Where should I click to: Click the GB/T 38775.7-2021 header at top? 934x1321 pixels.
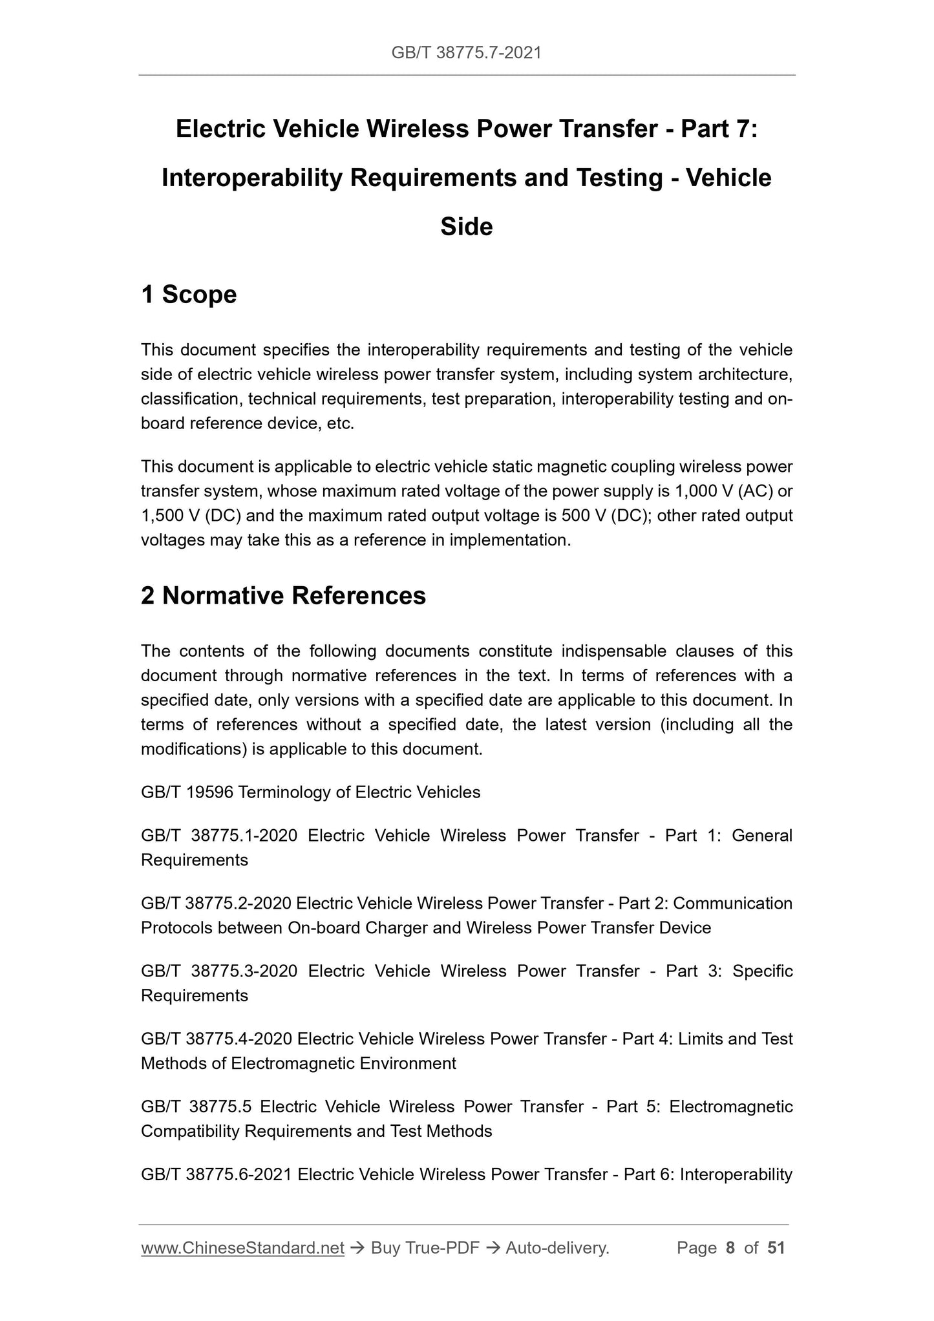click(x=466, y=53)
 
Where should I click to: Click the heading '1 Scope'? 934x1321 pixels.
click(x=189, y=295)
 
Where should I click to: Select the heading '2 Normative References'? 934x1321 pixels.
click(x=283, y=596)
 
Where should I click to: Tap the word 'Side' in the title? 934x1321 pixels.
click(x=466, y=227)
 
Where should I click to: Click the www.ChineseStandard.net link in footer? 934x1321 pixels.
click(x=242, y=1248)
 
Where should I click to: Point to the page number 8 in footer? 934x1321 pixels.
click(x=730, y=1248)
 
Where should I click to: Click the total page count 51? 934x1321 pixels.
click(x=776, y=1248)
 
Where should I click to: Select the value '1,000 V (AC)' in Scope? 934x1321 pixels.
click(x=723, y=492)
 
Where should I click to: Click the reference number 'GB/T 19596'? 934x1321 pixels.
click(x=187, y=792)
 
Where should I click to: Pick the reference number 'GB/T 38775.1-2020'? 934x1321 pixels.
click(x=218, y=836)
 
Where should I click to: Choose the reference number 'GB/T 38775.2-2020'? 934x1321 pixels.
click(x=216, y=904)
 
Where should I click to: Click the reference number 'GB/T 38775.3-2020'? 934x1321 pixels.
click(x=218, y=971)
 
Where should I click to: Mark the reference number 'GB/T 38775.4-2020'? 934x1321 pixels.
click(x=217, y=1039)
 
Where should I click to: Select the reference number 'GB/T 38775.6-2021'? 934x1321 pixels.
click(x=217, y=1174)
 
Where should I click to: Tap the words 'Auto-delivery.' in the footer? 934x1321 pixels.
click(x=557, y=1248)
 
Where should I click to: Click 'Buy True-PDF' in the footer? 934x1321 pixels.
click(x=425, y=1248)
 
